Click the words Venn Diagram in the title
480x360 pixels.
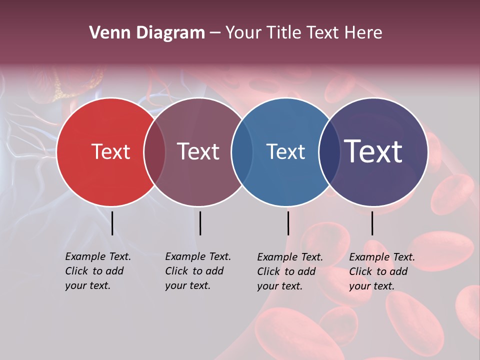(x=147, y=33)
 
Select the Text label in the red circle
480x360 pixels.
(x=110, y=151)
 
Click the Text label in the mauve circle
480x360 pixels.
(x=198, y=151)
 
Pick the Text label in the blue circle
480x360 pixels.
(x=285, y=151)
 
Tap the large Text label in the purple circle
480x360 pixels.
(x=373, y=151)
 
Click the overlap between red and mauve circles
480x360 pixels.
(x=154, y=152)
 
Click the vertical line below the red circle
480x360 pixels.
(x=112, y=223)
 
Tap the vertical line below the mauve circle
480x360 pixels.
(x=200, y=223)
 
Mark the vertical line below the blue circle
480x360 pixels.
(x=288, y=223)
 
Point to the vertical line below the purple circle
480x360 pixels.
(x=372, y=223)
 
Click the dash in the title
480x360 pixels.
(x=215, y=33)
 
